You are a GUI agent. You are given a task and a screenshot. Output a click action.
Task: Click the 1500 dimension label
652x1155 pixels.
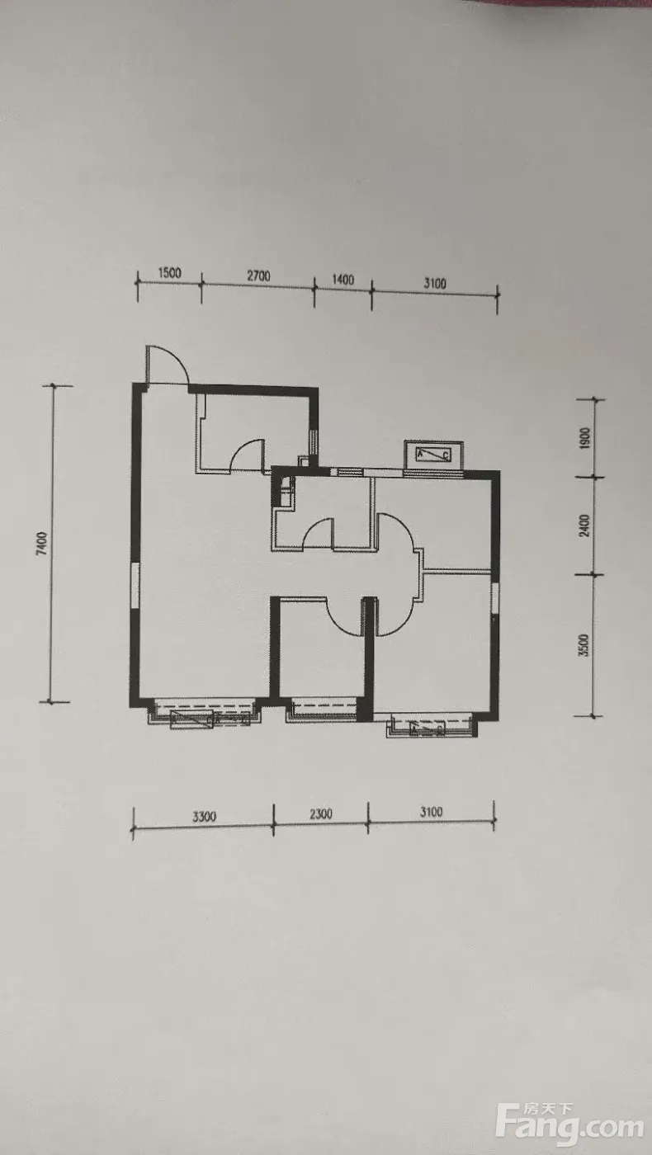169,273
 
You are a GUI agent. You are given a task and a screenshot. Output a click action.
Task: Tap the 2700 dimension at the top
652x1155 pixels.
258,276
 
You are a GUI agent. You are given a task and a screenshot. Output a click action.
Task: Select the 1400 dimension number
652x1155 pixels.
343,280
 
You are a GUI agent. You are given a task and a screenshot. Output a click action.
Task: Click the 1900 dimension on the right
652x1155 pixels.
584,438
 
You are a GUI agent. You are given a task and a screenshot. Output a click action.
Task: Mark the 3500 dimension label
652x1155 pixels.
583,645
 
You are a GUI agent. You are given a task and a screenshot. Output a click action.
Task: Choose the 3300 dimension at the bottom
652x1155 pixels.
205,816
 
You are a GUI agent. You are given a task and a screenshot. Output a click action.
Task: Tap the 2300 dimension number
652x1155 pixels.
321,814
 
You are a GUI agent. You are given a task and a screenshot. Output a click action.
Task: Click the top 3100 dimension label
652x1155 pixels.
435,283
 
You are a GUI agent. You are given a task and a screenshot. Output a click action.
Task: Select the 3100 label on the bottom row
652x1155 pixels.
431,812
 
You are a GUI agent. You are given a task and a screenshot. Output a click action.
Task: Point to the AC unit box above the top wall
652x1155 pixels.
433,455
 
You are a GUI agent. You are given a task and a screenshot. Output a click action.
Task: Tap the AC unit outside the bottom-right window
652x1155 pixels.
428,729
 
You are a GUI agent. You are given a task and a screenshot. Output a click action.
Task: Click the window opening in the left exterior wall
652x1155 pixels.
135,586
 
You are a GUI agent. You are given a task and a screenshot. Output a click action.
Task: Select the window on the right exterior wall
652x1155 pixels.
494,598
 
